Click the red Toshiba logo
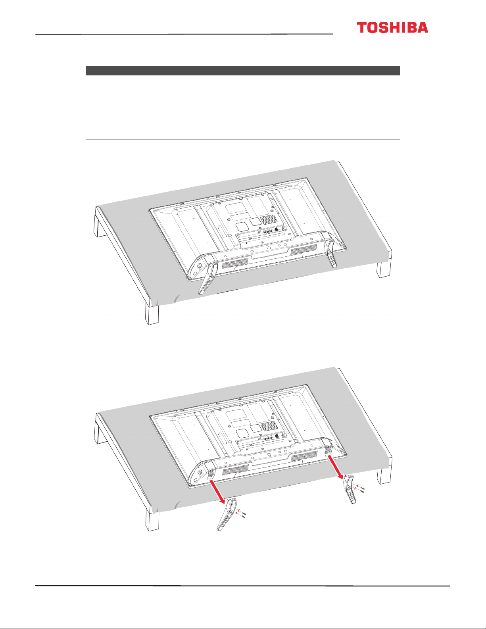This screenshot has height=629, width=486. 392,27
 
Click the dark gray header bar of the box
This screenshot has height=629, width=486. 243,71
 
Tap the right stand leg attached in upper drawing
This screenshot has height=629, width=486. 331,254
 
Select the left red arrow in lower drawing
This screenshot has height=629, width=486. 217,492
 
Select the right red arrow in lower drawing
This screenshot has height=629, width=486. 336,467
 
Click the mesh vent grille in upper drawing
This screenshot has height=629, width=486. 269,219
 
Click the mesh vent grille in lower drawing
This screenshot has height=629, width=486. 269,426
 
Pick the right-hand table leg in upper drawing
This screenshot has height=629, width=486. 384,269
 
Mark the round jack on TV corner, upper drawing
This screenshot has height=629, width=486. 200,265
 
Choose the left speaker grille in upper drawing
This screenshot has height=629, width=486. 235,263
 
